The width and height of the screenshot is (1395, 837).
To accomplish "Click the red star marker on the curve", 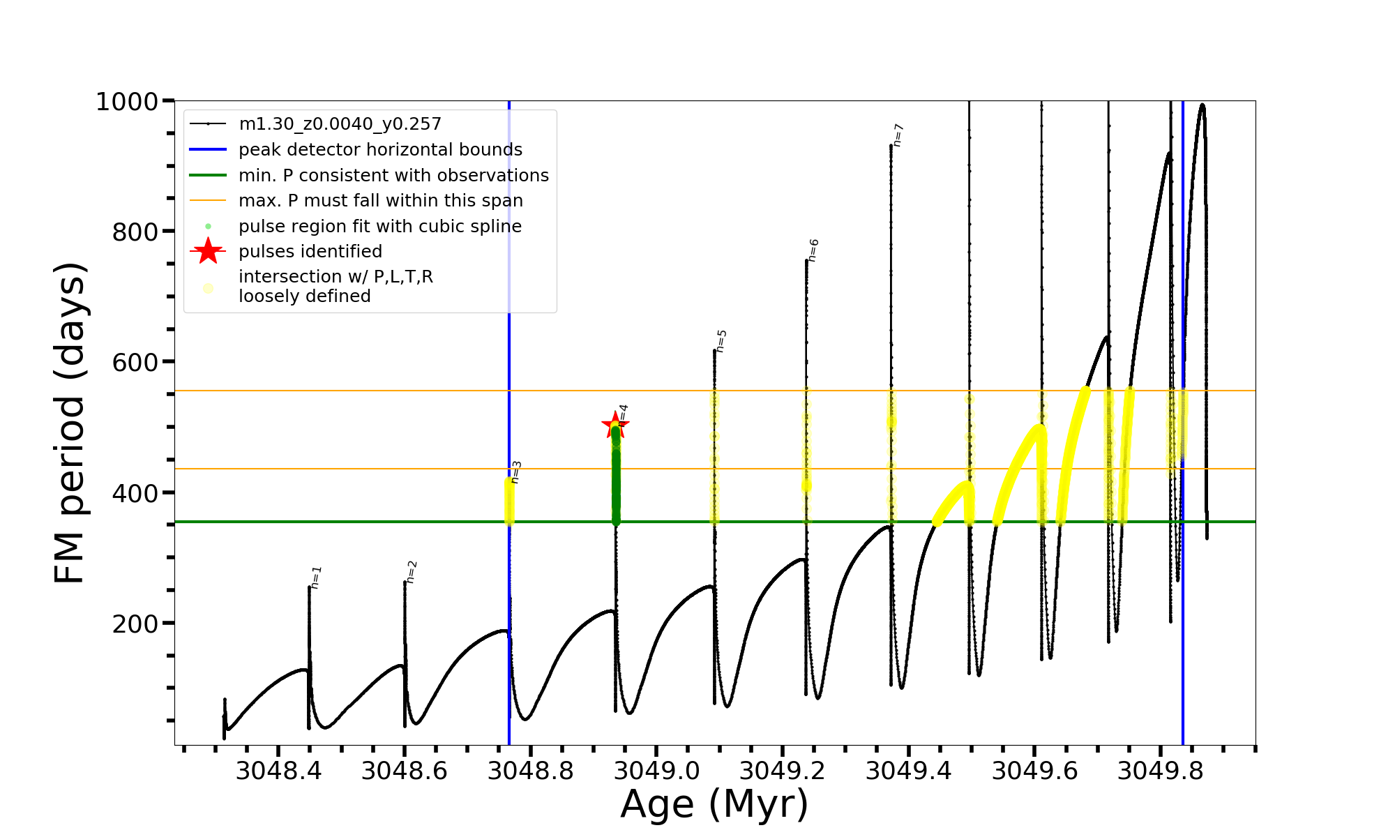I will pos(615,425).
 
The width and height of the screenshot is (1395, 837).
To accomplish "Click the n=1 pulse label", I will pos(316,578).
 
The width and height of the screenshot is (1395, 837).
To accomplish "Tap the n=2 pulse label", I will pos(412,571).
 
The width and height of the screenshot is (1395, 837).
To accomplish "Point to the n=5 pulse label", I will pos(721,341).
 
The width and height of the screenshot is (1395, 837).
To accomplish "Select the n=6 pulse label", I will pos(813,250).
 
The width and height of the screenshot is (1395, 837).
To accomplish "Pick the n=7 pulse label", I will pos(898,135).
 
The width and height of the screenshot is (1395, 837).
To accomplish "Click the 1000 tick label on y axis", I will pos(127,102).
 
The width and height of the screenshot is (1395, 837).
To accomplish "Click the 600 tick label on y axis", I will pos(135,362).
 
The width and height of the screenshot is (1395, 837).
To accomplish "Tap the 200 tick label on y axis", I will pos(135,624).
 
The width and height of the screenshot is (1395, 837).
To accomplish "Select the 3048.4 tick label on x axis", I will pos(278,771).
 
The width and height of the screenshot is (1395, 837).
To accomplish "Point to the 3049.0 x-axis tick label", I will pos(656,771).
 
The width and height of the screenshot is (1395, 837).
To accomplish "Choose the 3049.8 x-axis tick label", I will pos(1161,771).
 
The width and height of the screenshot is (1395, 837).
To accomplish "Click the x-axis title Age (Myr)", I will pos(714,804).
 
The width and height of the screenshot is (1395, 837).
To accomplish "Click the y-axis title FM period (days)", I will pos(70,423).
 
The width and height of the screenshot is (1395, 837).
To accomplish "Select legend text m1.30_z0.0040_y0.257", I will pos(340,124).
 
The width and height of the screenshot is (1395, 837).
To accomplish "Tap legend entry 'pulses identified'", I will pos(310,252).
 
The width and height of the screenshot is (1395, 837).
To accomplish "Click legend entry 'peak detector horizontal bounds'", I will pos(380,150).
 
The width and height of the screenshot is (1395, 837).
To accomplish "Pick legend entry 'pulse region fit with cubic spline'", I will pos(380,227).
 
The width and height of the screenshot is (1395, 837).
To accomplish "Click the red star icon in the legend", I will pos(208,251).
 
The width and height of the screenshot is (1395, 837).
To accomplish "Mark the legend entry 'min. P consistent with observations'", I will pos(393,176).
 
